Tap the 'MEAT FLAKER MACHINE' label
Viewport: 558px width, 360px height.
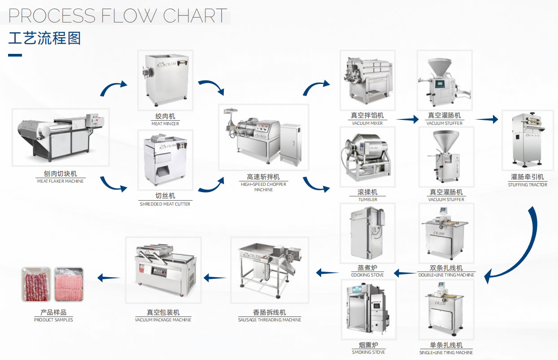click(x=60, y=181)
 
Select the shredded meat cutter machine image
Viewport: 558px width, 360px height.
click(x=165, y=160)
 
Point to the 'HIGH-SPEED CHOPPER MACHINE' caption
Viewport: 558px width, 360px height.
click(x=263, y=187)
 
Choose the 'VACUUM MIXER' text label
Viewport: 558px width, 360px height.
click(x=367, y=123)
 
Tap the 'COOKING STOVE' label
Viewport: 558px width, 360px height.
click(x=367, y=275)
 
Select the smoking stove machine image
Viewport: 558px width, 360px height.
click(x=368, y=310)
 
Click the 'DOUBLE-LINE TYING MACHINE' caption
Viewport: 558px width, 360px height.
click(x=446, y=275)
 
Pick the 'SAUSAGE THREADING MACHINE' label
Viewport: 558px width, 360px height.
click(x=269, y=320)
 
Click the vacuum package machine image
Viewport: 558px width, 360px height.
click(x=163, y=270)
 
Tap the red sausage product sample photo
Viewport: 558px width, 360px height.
click(x=36, y=284)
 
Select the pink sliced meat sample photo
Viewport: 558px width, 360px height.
click(x=69, y=284)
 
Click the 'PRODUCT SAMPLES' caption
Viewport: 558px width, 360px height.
click(x=53, y=320)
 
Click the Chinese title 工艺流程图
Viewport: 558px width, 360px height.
click(x=44, y=38)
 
